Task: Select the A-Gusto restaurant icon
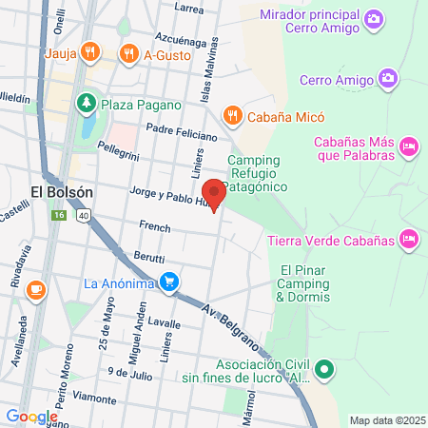[x=127, y=52]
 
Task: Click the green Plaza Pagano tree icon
[x=86, y=101]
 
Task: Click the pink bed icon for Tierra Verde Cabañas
[x=409, y=238]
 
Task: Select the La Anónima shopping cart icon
[x=169, y=282]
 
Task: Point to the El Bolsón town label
[x=62, y=191]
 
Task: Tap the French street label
[x=154, y=227]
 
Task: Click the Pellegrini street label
[x=118, y=153]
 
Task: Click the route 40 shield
[x=83, y=217]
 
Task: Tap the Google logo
[x=31, y=417]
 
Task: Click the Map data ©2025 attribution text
[x=387, y=419]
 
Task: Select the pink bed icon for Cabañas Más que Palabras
[x=409, y=146]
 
